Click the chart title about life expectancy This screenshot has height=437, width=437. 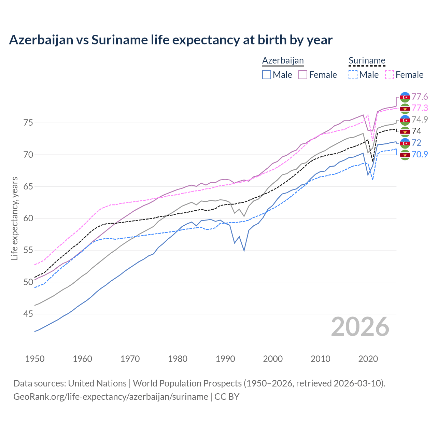pos(171,40)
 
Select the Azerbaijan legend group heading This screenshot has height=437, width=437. pos(283,60)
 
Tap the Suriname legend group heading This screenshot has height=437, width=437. pos(367,60)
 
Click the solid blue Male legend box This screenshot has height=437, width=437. pos(267,75)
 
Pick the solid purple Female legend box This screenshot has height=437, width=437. pos(303,75)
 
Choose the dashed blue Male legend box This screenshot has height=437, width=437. pos(353,75)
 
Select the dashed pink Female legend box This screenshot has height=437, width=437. pos(390,75)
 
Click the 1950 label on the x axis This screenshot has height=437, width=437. pos(35,359)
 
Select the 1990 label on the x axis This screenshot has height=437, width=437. pos(225,359)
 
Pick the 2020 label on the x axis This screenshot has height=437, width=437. pos(368,359)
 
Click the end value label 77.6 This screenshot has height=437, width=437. pos(420,97)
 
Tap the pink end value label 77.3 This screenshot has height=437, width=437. pos(420,108)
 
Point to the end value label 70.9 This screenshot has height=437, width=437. pos(420,154)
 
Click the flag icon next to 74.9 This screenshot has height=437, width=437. pos(405,120)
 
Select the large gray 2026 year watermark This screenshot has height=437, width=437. pos(360,327)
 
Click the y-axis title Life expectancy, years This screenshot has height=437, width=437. pos(14,218)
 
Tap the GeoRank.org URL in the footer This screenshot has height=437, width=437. pos(111,397)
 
